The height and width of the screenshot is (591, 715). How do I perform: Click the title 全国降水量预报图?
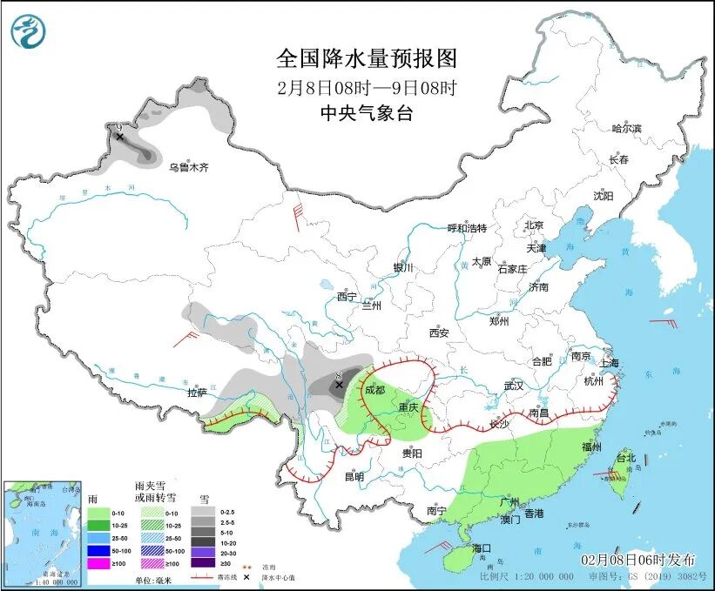pos(366,58)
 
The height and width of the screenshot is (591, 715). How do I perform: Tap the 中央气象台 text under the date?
pos(366,113)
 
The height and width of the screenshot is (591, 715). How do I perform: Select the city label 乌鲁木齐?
pos(189,167)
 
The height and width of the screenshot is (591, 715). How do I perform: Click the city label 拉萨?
pos(198,393)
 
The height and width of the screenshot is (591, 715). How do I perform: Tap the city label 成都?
pos(375,391)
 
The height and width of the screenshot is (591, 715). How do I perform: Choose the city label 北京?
pos(534,225)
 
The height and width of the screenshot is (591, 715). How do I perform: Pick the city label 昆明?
pos(354,476)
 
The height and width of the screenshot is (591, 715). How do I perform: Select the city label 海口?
pos(482,547)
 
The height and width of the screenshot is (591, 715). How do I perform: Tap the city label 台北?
pos(626,457)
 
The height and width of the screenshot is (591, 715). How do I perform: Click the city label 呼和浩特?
pos(467,228)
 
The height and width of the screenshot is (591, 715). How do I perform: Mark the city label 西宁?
pos(347,296)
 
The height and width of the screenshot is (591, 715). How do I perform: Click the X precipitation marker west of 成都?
pos(340,384)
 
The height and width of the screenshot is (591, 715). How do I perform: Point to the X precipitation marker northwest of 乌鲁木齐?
pos(119,137)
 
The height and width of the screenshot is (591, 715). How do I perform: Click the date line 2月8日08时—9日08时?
pos(366,87)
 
